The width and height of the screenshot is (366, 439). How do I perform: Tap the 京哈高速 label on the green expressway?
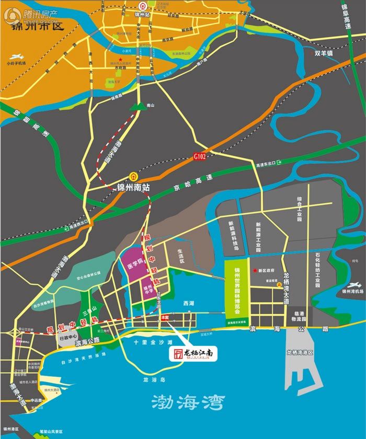[x=195, y=183]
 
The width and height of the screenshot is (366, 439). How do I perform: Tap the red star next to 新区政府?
[x=254, y=270]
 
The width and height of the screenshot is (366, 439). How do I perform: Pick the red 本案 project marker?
[x=165, y=317]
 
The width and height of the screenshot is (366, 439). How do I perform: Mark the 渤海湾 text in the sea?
[x=188, y=402]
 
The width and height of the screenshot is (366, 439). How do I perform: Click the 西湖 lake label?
[x=188, y=303]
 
